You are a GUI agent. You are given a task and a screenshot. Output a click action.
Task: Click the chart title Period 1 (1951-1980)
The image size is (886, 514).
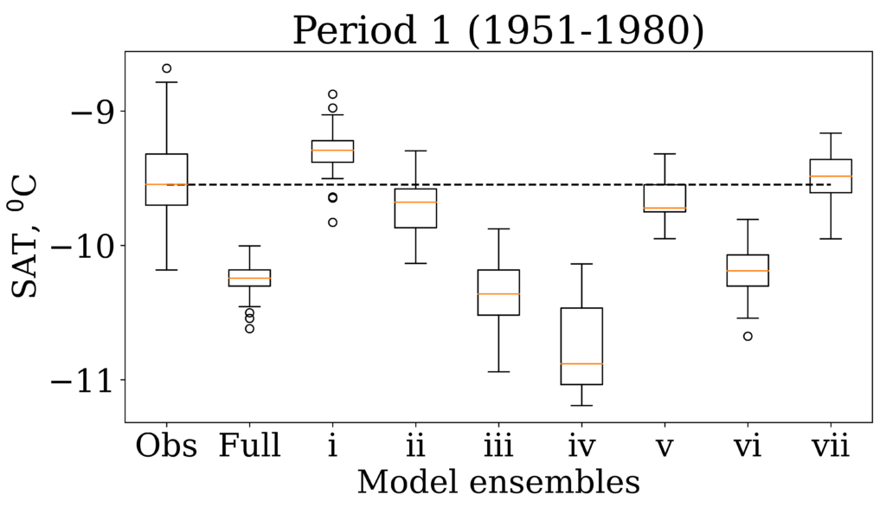tap(498, 30)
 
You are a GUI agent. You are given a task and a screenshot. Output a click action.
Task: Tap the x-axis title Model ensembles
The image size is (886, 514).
tap(498, 482)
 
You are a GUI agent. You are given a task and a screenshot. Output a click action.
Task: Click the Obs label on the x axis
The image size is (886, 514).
tap(166, 447)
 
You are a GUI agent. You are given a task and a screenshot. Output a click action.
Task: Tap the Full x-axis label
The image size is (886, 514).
tap(249, 447)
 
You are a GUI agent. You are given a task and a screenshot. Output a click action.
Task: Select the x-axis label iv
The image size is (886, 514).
tap(581, 447)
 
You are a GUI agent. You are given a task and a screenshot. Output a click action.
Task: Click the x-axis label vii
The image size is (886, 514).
tap(831, 447)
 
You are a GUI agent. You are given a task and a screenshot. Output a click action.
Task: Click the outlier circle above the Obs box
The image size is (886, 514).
tap(167, 68)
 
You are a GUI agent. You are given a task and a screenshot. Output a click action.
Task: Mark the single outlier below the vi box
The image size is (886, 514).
tap(748, 336)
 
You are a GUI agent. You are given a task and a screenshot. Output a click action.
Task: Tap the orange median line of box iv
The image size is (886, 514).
tap(581, 363)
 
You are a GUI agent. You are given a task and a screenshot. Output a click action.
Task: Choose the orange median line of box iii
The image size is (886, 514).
tap(498, 294)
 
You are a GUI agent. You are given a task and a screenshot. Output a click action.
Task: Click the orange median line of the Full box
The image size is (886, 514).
tap(249, 278)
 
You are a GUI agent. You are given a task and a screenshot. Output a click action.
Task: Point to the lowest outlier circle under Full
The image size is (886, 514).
tap(249, 328)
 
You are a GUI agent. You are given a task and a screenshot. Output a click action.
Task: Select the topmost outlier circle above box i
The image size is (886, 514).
tap(332, 94)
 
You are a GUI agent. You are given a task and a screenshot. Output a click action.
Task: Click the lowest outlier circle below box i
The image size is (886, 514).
tap(332, 222)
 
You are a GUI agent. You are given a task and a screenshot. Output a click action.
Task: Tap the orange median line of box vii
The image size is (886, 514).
tap(831, 177)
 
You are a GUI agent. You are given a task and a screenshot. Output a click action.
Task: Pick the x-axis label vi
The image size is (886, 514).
tap(748, 447)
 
